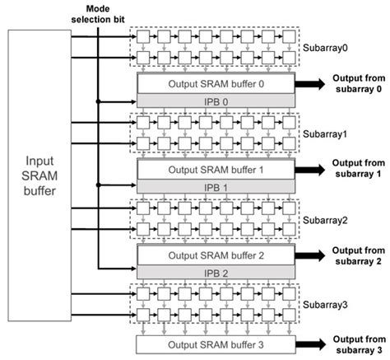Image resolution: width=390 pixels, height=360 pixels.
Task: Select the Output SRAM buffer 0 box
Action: point(216,84)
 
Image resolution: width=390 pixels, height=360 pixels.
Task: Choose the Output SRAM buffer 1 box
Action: point(216,170)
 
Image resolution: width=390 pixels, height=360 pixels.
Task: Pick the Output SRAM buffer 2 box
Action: point(216,255)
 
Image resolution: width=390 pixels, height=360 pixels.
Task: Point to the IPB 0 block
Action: point(216,101)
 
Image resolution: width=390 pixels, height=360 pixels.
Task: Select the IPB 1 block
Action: point(216,187)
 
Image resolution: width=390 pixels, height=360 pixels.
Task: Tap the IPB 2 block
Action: point(216,273)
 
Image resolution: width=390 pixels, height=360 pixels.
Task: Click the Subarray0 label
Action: point(327,48)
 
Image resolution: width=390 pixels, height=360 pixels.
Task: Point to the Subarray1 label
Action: point(327,133)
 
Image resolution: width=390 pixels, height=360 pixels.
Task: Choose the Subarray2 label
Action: point(327,220)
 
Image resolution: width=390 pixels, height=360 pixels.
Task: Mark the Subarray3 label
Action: point(327,306)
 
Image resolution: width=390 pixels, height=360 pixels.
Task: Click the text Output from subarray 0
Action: point(358,82)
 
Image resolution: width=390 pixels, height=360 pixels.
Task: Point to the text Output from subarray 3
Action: point(358,343)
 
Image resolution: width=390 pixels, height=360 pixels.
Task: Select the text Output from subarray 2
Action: point(358,255)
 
